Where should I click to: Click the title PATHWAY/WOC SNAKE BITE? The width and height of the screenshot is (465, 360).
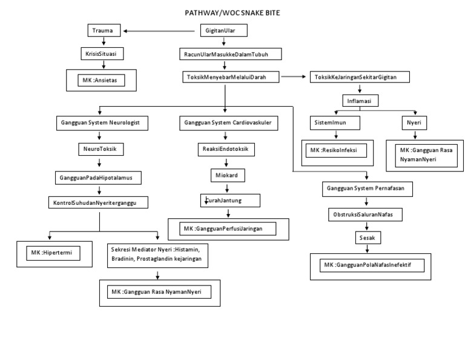(232, 12)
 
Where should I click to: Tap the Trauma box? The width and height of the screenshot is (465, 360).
(102, 30)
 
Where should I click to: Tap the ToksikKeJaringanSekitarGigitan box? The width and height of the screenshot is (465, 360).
(360, 77)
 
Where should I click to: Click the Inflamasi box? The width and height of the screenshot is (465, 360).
(360, 99)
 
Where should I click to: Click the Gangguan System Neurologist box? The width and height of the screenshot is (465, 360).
(101, 122)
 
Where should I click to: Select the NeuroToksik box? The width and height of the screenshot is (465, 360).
(99, 148)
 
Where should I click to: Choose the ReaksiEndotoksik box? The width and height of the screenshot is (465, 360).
(225, 148)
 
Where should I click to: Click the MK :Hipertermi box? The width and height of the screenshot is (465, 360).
(53, 253)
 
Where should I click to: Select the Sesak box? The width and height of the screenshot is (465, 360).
(367, 238)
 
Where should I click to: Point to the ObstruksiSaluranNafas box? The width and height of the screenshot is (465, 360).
(367, 215)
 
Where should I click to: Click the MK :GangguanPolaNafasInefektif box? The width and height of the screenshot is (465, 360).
(372, 265)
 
